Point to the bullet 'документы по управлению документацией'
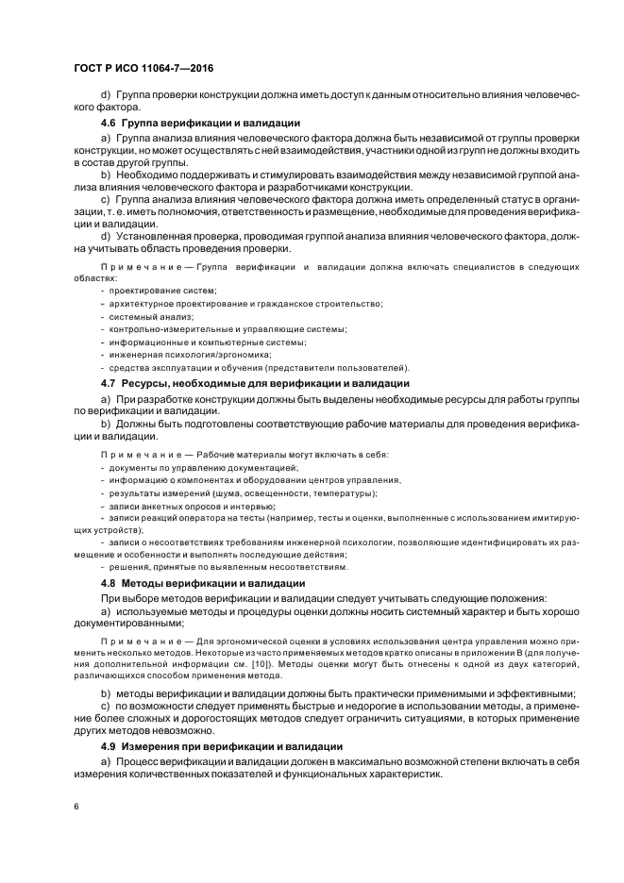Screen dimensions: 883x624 click(203, 468)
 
